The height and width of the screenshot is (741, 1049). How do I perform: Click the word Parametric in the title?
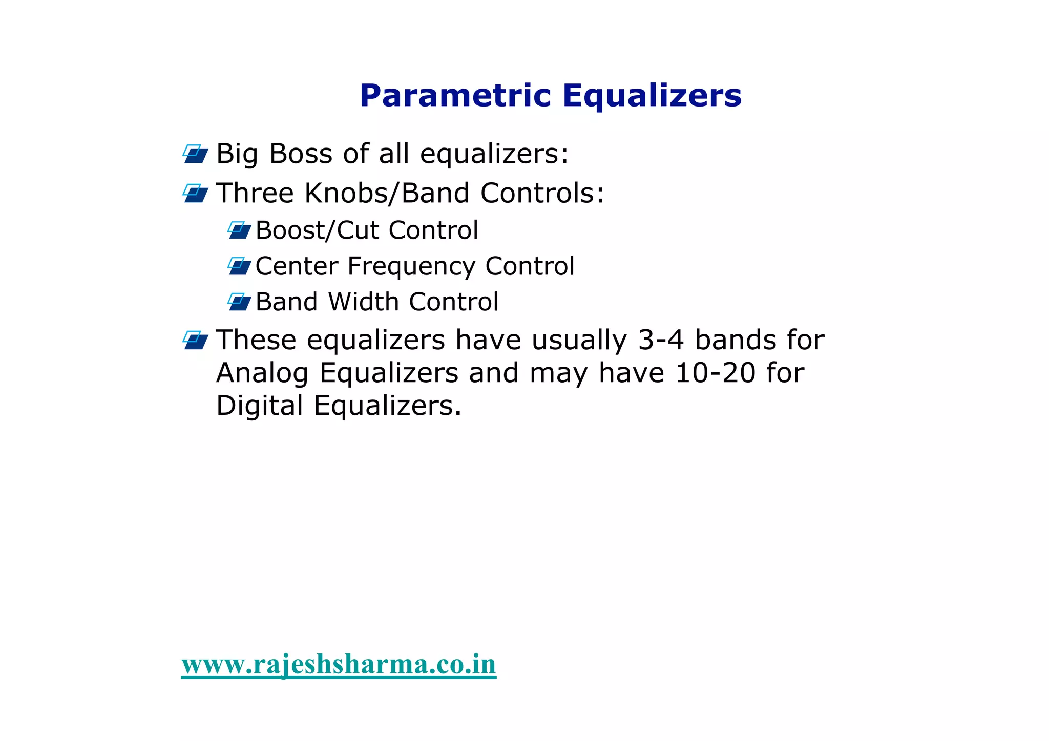tap(455, 96)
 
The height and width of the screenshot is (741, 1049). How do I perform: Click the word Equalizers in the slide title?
tap(652, 96)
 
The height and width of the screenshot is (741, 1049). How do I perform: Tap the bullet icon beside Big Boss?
tap(196, 154)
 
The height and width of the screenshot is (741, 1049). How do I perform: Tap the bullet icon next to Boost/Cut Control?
tap(239, 230)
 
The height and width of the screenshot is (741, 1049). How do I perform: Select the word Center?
tap(297, 266)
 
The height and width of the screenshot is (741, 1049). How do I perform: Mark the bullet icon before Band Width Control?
tap(239, 302)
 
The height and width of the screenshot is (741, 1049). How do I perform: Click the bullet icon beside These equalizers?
tap(196, 340)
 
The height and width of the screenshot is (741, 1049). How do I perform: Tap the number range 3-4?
tap(661, 340)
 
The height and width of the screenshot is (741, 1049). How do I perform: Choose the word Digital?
tap(260, 406)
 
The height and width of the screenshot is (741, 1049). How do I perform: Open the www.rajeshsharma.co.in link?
tap(339, 665)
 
